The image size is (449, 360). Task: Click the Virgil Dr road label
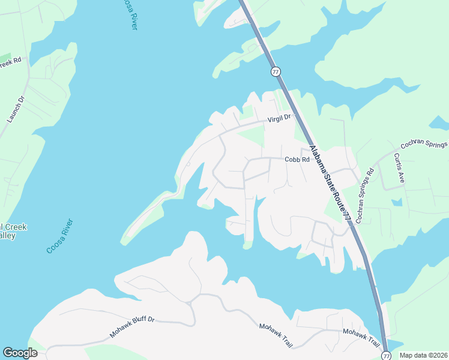pos(278,118)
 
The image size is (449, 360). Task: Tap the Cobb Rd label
pos(297,160)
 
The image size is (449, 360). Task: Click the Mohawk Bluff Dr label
pos(132,327)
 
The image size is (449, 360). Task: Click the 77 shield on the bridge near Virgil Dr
pos(276,71)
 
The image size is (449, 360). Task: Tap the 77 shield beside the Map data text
pos(386,356)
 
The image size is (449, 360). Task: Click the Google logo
pos(20,353)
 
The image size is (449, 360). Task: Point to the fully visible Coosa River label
pos(62,236)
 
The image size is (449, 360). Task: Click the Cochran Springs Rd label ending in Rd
pos(364,195)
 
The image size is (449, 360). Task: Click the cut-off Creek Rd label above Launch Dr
pos(10,62)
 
